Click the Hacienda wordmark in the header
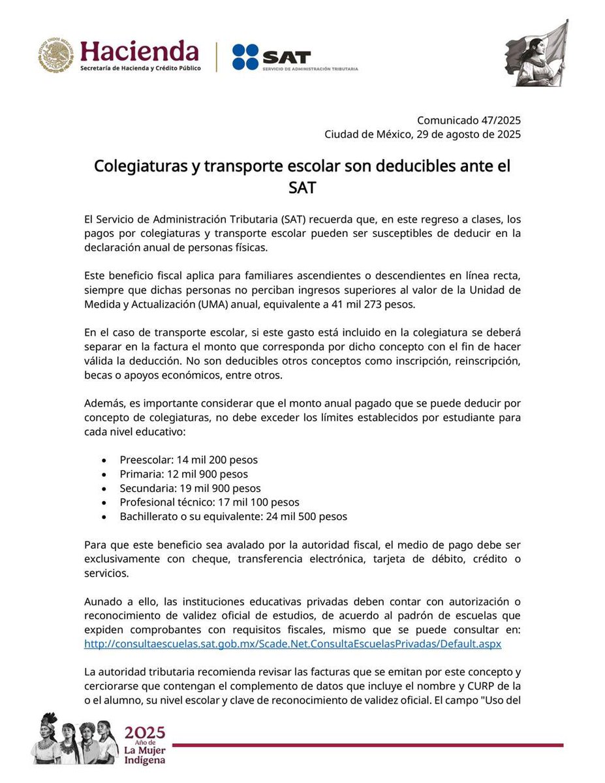[139, 50]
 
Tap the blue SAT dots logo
[246, 57]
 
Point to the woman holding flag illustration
[536, 54]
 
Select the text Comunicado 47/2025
[469, 121]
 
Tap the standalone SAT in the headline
[302, 188]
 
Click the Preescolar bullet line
[189, 460]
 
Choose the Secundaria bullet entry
[190, 488]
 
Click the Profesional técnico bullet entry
[209, 502]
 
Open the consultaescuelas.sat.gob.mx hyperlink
[292, 643]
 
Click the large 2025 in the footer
[145, 731]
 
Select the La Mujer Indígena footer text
[145, 754]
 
